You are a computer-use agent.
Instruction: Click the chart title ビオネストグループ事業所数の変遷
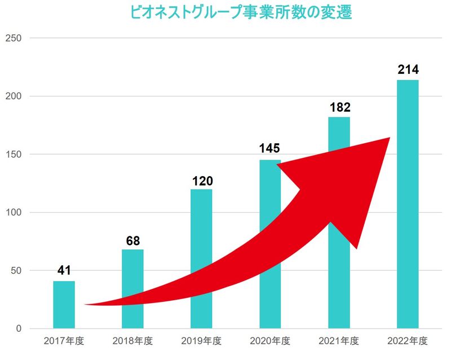click(x=241, y=12)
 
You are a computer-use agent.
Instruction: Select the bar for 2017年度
click(x=64, y=305)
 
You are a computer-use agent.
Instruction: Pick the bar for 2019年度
click(x=201, y=237)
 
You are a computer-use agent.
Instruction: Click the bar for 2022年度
click(x=408, y=203)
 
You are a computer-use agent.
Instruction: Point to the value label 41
click(x=64, y=271)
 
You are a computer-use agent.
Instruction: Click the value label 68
click(x=132, y=240)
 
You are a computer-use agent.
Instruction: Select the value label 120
click(x=201, y=181)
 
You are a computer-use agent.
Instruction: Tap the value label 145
click(x=269, y=150)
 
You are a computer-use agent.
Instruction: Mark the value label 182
click(x=338, y=107)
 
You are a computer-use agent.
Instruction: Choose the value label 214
click(x=408, y=71)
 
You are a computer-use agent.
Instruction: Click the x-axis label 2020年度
click(x=269, y=341)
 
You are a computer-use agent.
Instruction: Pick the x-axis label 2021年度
click(x=338, y=341)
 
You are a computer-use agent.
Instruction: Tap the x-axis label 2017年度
click(x=64, y=341)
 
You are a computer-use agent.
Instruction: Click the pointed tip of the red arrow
click(x=388, y=139)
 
